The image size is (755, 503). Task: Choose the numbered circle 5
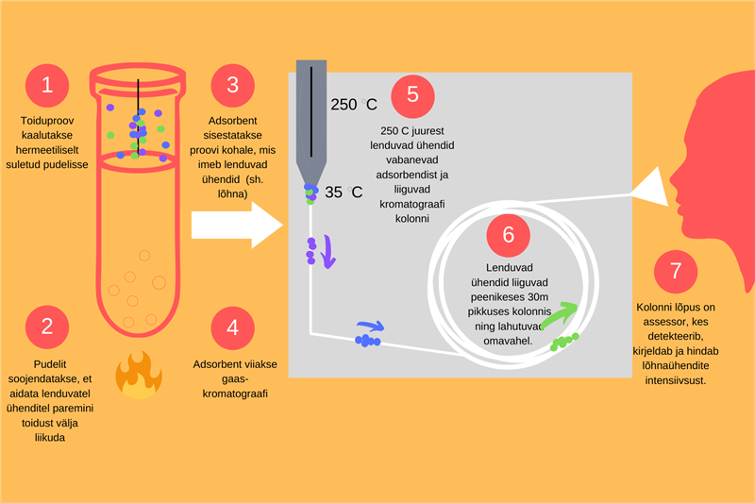coord(412,95)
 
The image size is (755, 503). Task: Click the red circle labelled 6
coord(508,236)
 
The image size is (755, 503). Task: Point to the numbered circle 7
coord(675,272)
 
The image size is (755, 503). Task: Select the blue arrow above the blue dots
coord(370,327)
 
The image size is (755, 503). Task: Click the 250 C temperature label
coord(354,105)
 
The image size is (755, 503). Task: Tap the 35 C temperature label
coord(344,193)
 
